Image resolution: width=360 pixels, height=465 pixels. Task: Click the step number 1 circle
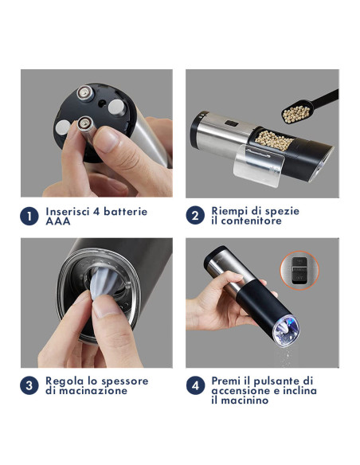pyautogui.click(x=29, y=217)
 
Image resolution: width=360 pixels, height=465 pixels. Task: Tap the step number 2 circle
pyautogui.click(x=195, y=216)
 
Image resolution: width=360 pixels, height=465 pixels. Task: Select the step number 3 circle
pyautogui.click(x=29, y=386)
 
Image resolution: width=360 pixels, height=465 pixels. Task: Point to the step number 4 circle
pyautogui.click(x=195, y=386)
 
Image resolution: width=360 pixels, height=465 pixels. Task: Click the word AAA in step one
pyautogui.click(x=58, y=222)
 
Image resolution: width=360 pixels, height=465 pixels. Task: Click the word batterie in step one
pyautogui.click(x=127, y=212)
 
